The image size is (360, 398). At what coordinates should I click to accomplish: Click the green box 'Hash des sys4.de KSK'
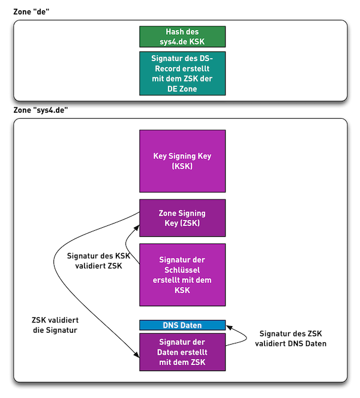point(182,37)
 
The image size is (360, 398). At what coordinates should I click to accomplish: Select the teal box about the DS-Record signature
point(182,73)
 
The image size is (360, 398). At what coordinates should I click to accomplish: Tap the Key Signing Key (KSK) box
point(182,161)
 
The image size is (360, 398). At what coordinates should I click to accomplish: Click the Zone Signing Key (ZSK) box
point(182,218)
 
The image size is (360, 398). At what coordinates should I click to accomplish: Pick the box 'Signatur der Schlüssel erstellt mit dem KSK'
point(182,275)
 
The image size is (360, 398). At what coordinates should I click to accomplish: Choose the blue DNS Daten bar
point(182,325)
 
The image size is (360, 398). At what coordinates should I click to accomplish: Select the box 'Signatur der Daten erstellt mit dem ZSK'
point(182,352)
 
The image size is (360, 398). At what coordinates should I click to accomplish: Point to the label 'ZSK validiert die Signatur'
point(55,325)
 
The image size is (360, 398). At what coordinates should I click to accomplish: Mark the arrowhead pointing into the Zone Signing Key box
point(137,227)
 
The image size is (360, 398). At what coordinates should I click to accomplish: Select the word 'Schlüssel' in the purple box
point(182,270)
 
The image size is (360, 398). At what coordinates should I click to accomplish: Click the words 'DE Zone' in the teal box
point(182,89)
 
